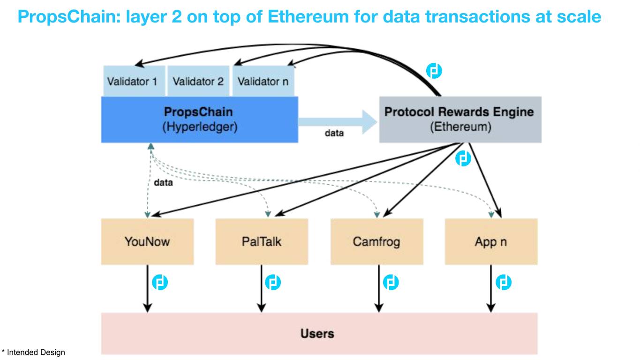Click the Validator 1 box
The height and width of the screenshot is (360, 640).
point(132,82)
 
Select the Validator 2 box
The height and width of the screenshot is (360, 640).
point(198,82)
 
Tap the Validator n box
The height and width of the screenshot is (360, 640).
point(263,82)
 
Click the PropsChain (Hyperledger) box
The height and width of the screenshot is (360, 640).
point(199,120)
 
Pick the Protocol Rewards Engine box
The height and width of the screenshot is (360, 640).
point(460,120)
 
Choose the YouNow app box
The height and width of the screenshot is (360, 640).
point(147,241)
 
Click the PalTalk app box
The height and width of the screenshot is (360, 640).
point(262,241)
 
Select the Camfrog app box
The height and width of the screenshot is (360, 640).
point(376,241)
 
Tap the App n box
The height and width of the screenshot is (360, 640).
point(491,241)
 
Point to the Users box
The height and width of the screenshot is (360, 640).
point(319,333)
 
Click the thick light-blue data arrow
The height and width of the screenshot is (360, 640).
point(338,121)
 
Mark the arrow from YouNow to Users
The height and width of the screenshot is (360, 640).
point(147,288)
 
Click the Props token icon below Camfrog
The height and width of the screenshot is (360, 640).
point(391,283)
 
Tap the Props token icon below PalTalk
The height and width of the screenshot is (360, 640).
point(273,283)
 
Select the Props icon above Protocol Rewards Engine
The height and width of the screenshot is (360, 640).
point(434,71)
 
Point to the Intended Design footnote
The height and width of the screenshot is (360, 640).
point(33,352)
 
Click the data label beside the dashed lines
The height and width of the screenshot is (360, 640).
point(163,183)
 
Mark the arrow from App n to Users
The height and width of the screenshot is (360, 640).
point(491,288)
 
